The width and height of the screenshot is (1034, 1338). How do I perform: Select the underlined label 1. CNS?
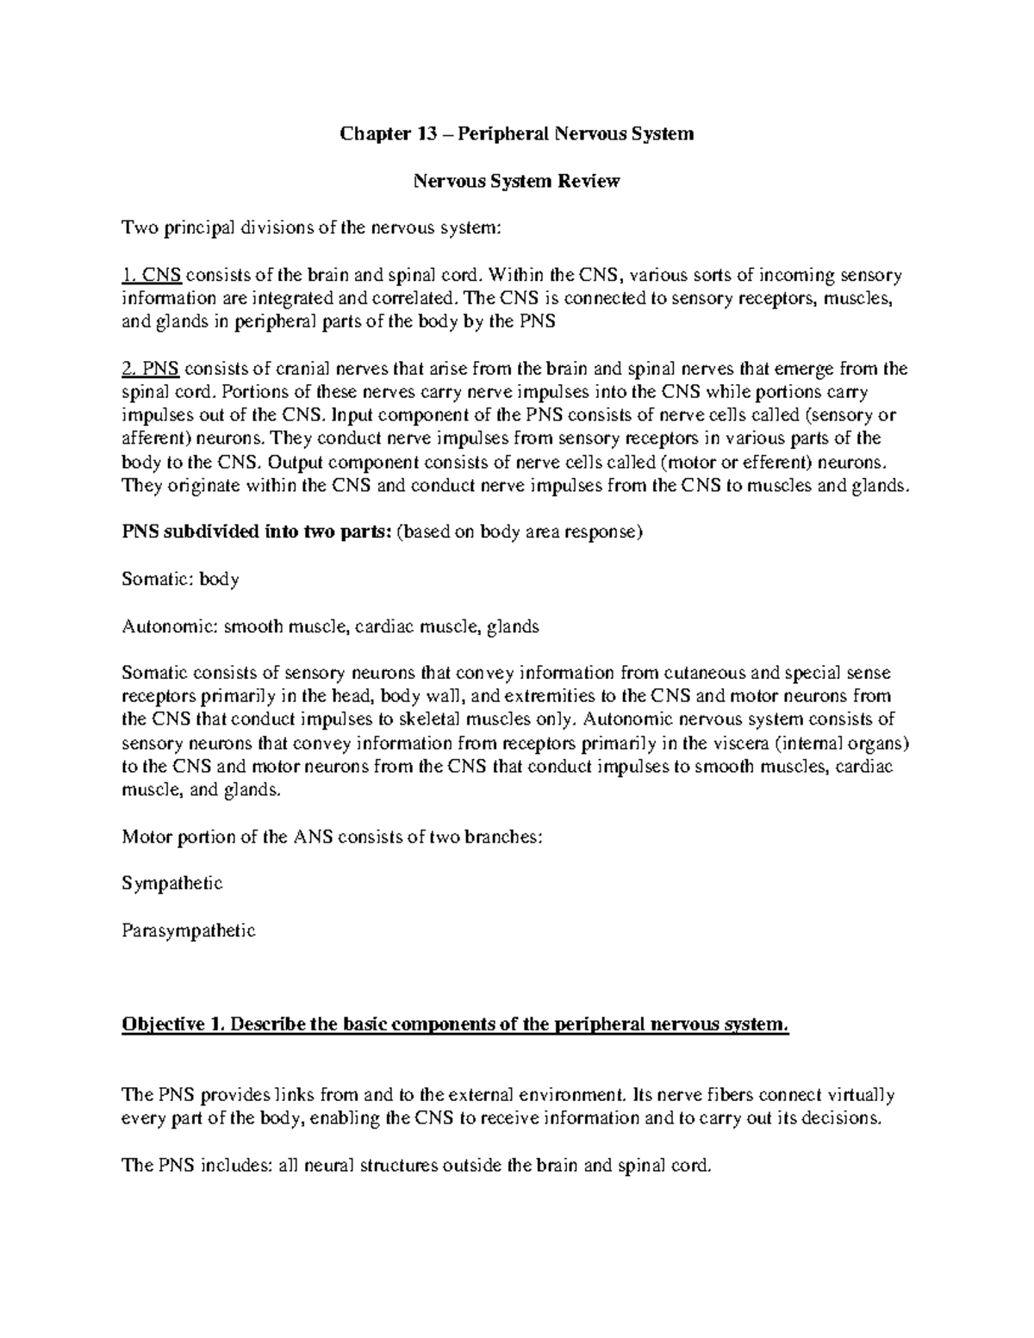(x=152, y=276)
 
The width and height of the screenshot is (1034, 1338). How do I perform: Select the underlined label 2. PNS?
(x=151, y=370)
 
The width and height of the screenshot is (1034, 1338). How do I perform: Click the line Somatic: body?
(x=180, y=579)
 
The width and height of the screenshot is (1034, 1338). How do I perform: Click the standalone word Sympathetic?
(x=172, y=883)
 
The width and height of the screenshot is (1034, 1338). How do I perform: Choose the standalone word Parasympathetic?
(x=189, y=930)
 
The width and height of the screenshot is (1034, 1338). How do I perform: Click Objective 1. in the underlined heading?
(x=173, y=1024)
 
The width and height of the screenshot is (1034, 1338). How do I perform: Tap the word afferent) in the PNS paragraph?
(x=153, y=439)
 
